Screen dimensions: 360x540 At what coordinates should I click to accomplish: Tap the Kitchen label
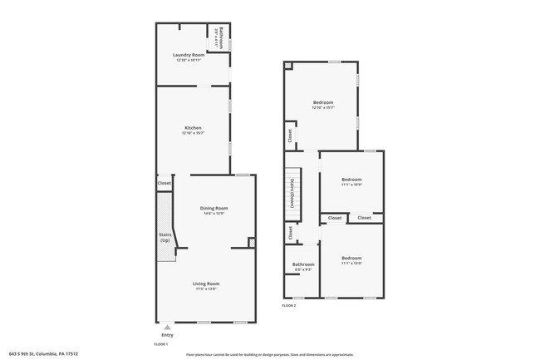coord(193,128)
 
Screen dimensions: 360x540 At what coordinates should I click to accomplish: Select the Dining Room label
coord(214,208)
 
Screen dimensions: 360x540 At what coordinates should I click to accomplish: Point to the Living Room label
coord(207,284)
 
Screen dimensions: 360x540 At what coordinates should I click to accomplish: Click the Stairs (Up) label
coord(164,238)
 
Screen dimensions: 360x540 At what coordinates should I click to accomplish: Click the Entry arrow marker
coord(167,327)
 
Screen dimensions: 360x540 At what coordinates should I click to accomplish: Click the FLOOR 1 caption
coord(161,344)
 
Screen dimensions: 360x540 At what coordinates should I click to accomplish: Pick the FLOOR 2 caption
coord(288,306)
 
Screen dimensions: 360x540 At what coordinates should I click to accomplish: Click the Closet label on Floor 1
coord(164,183)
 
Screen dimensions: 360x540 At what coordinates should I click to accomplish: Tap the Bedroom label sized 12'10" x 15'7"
coord(323,102)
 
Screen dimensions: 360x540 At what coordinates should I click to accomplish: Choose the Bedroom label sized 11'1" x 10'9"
coord(351,180)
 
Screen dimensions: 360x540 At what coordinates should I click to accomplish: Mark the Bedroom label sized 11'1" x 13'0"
coord(351,258)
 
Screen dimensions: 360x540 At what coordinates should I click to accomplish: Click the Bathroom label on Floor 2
coord(302,264)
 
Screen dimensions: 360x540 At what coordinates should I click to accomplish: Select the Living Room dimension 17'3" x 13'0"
coord(207,288)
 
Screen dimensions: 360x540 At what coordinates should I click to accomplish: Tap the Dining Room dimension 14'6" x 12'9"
coord(214,213)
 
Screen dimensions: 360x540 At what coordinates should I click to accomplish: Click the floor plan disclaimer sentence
coord(269,354)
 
